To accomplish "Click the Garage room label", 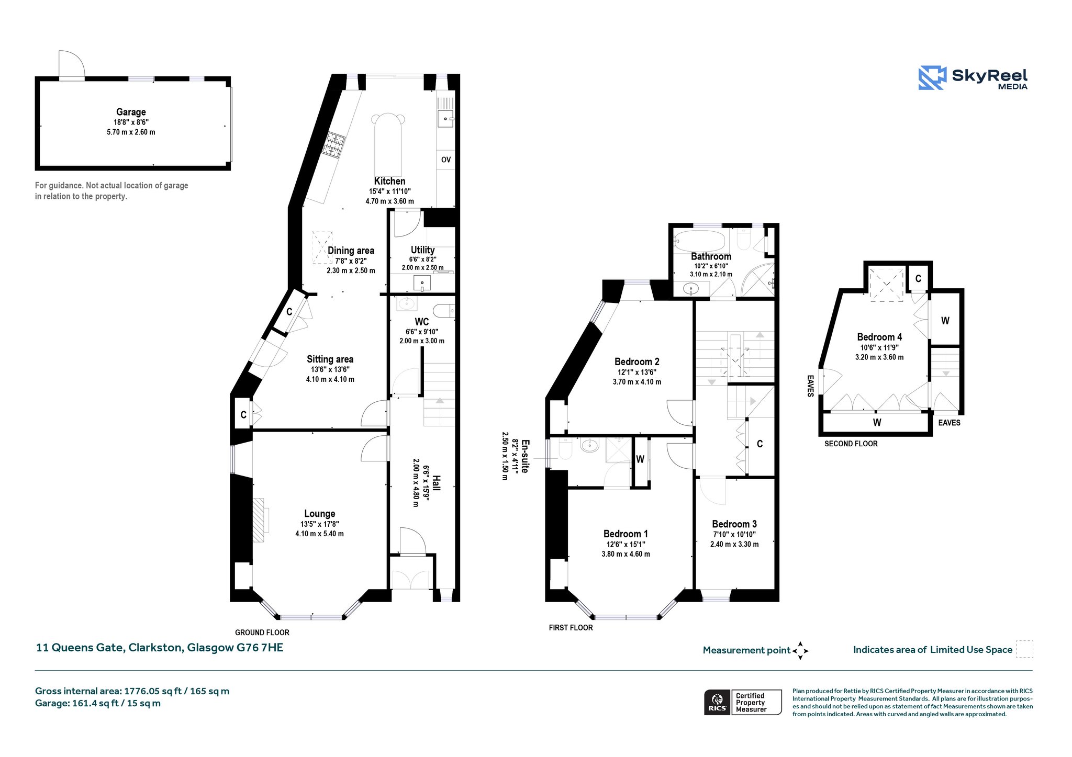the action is [131, 112].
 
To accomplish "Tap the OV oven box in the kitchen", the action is [445, 160].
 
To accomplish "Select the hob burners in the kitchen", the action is [334, 145].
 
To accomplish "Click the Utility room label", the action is [422, 250].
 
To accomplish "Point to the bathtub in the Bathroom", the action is [699, 242].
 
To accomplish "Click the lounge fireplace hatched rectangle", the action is [259, 520].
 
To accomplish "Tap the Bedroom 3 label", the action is [734, 524].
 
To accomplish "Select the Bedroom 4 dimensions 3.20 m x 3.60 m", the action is [879, 357].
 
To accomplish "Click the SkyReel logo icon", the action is [932, 78].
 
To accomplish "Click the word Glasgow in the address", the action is [210, 648].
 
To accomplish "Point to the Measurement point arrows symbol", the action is [800, 651].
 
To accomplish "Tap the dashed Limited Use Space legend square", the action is [1024, 649].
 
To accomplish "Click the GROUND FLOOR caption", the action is [262, 632].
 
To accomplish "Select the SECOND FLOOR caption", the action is [851, 444].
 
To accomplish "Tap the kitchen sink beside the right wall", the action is [446, 119].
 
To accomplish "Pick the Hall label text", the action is [436, 482].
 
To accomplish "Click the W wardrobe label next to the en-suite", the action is [640, 459].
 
